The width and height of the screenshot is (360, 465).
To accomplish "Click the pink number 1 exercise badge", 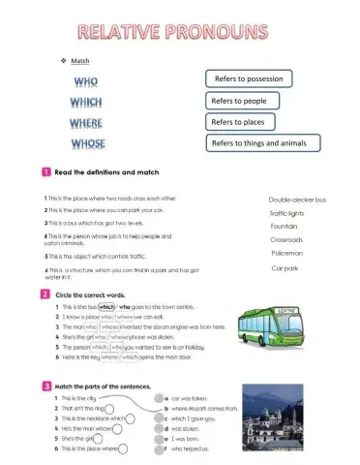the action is pos(45,171).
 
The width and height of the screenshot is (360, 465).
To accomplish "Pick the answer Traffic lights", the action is pos(286,213).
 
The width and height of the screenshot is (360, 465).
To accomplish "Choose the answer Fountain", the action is pos(283,226).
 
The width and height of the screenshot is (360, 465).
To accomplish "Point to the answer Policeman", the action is pos(286,253).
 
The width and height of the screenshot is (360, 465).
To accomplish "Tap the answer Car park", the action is pos(285,267).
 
